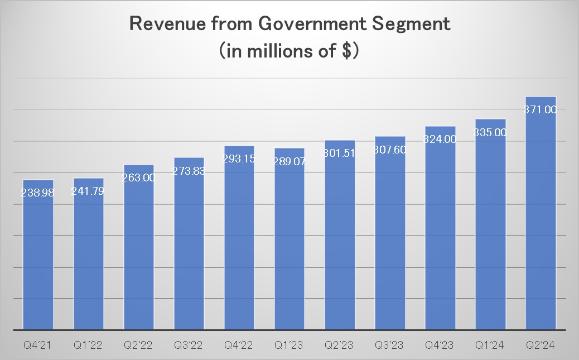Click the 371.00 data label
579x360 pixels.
541,110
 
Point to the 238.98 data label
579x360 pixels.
38,193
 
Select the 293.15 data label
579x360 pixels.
239,159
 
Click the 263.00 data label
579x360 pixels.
139,177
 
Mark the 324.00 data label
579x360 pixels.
440,140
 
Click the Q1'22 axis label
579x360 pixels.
88,345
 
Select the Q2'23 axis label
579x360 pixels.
340,345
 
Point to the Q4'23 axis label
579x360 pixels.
440,345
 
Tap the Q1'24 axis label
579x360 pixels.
490,345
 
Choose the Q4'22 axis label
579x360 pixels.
239,345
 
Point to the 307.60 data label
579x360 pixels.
390,150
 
